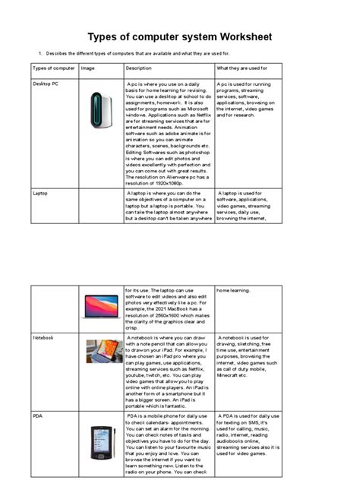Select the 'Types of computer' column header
(x=53, y=69)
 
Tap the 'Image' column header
(x=88, y=69)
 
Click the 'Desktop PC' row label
(x=47, y=84)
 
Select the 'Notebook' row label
(x=43, y=336)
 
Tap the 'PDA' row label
(x=38, y=416)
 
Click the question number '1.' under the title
(x=39, y=54)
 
